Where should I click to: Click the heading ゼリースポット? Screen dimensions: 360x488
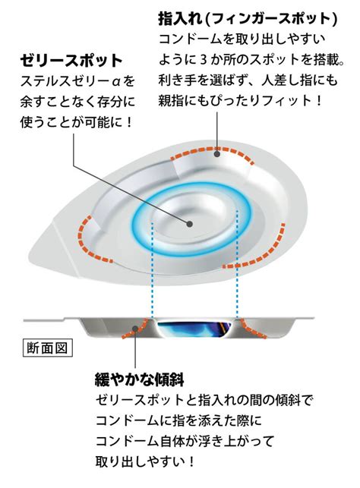click(x=71, y=61)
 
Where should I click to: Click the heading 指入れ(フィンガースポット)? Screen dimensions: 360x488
click(x=248, y=19)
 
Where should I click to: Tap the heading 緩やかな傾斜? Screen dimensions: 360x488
click(x=139, y=379)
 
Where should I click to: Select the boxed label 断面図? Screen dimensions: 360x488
click(x=47, y=348)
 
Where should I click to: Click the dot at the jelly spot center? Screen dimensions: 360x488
click(x=190, y=223)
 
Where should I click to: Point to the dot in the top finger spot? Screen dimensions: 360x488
click(x=217, y=153)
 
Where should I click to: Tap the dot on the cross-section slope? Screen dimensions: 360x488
click(x=135, y=329)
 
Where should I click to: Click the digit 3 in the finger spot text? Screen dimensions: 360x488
click(x=204, y=60)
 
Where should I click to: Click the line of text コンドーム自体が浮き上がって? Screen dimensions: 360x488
click(x=185, y=441)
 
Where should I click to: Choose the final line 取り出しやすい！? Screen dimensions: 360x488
click(x=145, y=461)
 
